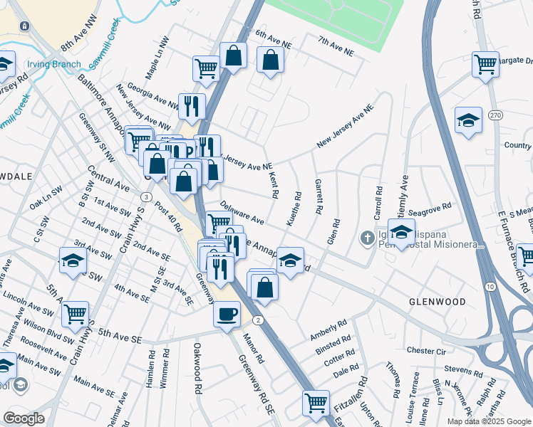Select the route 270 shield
[x=496, y=115]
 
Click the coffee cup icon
[x=227, y=313]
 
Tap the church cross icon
[x=367, y=237]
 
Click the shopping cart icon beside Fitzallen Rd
[x=315, y=404]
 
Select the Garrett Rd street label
[x=319, y=197]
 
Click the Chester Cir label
[x=425, y=351]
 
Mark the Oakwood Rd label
[x=197, y=369]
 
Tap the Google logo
[x=24, y=418]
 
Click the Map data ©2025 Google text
[x=488, y=421]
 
